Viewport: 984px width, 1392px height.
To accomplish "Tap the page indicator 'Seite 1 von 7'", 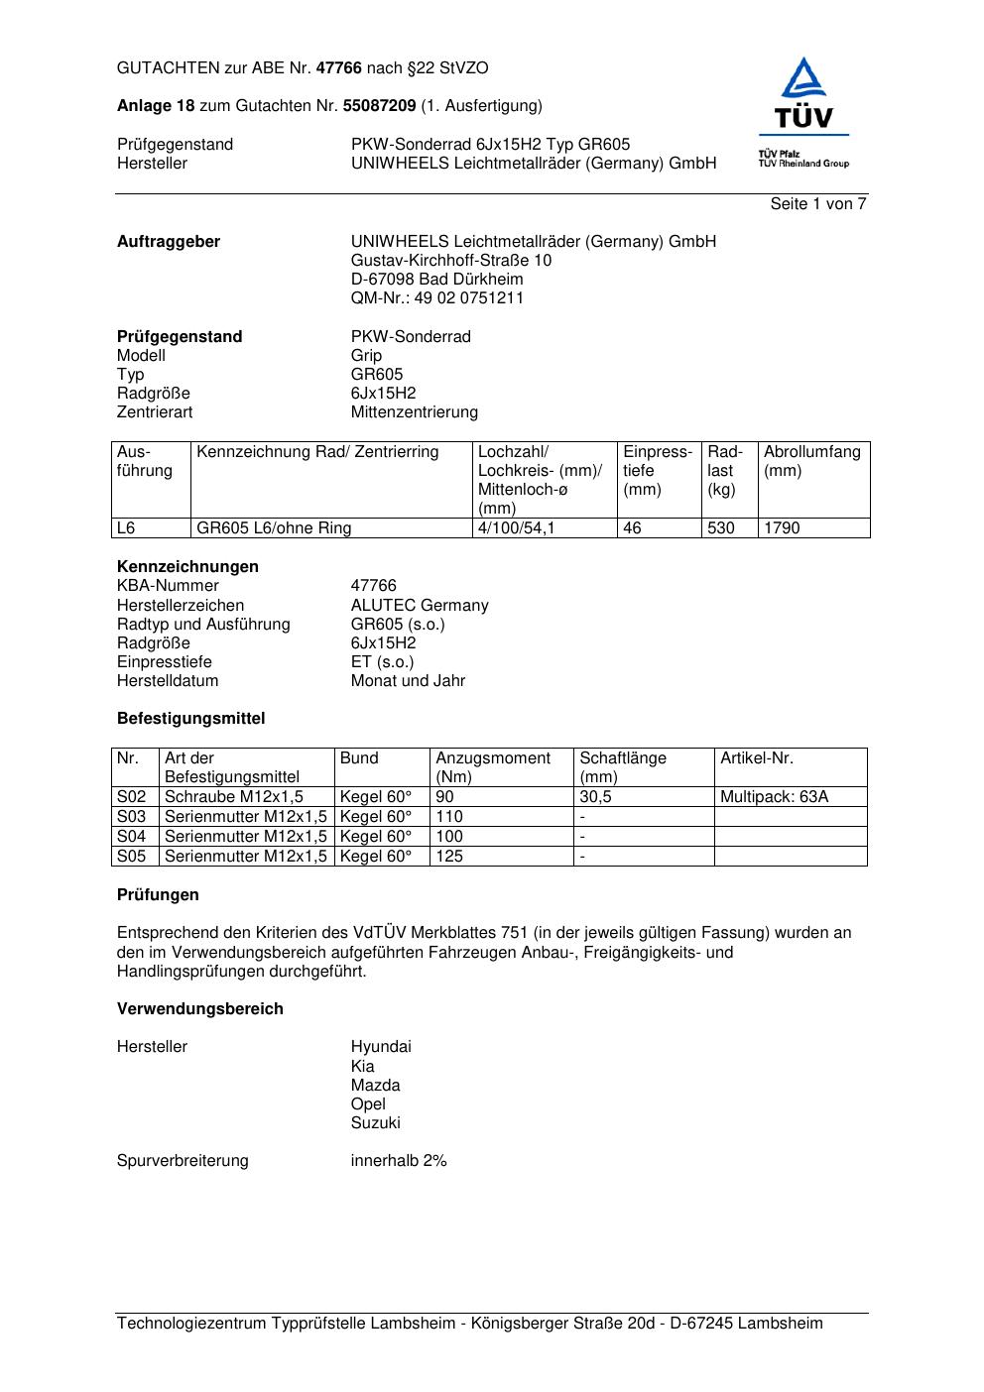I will click(x=818, y=204).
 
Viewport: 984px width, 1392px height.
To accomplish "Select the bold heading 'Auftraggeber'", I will click(x=169, y=242).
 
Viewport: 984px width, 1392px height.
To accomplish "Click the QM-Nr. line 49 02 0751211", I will click(x=437, y=298).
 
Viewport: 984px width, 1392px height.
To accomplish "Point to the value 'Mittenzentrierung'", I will click(x=414, y=412).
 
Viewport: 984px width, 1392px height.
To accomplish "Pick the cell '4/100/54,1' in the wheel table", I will click(x=516, y=528).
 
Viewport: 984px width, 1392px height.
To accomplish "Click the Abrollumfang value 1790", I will click(x=782, y=528).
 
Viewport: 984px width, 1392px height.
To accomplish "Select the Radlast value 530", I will click(x=721, y=528).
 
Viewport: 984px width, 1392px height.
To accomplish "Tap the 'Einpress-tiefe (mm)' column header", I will click(x=658, y=471).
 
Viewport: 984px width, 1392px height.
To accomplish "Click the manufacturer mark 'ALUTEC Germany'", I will click(x=420, y=606).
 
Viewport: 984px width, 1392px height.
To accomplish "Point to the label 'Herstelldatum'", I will click(x=168, y=681).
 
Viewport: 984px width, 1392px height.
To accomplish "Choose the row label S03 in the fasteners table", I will click(x=132, y=817).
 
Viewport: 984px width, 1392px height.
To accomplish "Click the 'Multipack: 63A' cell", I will click(x=774, y=797).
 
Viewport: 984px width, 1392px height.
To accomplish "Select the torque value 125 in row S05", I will click(x=449, y=857).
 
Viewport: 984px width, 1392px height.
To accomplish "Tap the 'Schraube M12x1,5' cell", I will click(x=234, y=797).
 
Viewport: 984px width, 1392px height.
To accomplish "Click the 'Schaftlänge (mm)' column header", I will click(x=623, y=767).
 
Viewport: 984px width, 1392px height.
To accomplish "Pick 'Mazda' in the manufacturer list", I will click(x=375, y=1086).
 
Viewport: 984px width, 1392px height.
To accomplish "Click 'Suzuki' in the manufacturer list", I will click(x=375, y=1123).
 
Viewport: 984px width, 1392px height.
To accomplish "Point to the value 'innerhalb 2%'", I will click(x=399, y=1161).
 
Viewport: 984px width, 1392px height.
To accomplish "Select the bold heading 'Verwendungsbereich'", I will click(x=200, y=1009).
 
